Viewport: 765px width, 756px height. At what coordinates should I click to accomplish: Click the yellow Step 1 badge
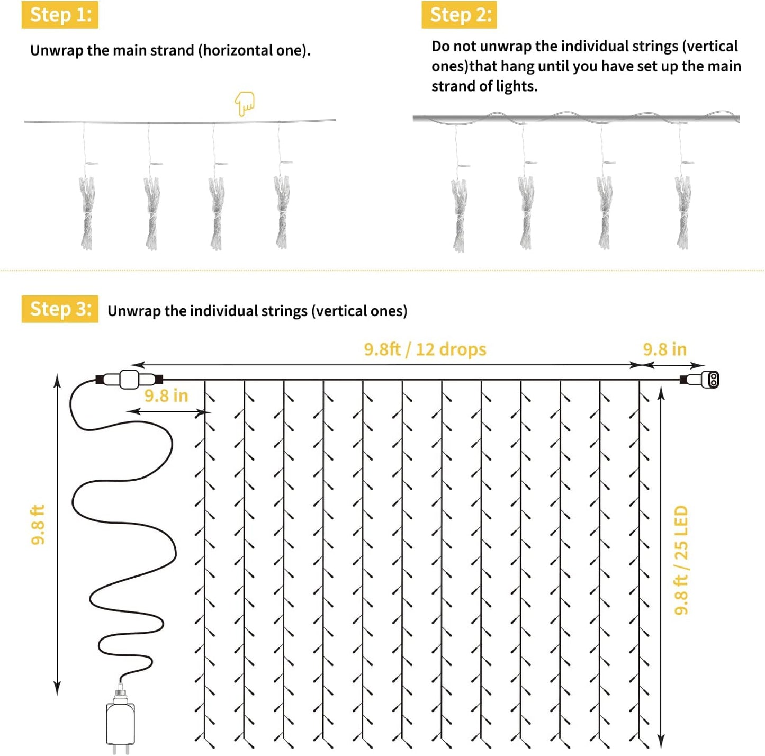point(60,15)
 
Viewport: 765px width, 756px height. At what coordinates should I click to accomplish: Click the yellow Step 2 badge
point(459,15)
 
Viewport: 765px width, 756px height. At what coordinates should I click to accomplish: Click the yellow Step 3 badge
point(60,309)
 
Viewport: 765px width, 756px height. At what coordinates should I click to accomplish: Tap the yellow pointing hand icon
point(245,104)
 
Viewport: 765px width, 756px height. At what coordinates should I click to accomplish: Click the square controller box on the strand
point(129,380)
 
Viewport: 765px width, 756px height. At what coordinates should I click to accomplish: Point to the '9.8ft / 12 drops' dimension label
point(425,349)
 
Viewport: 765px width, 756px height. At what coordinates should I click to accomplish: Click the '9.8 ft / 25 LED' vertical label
point(681,560)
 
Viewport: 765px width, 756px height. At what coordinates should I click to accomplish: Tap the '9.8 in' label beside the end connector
point(664,349)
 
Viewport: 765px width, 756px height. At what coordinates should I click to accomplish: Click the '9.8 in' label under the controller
point(166,396)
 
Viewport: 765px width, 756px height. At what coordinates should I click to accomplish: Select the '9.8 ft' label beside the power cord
point(38,525)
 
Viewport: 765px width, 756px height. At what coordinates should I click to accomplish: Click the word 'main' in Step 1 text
point(131,51)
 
